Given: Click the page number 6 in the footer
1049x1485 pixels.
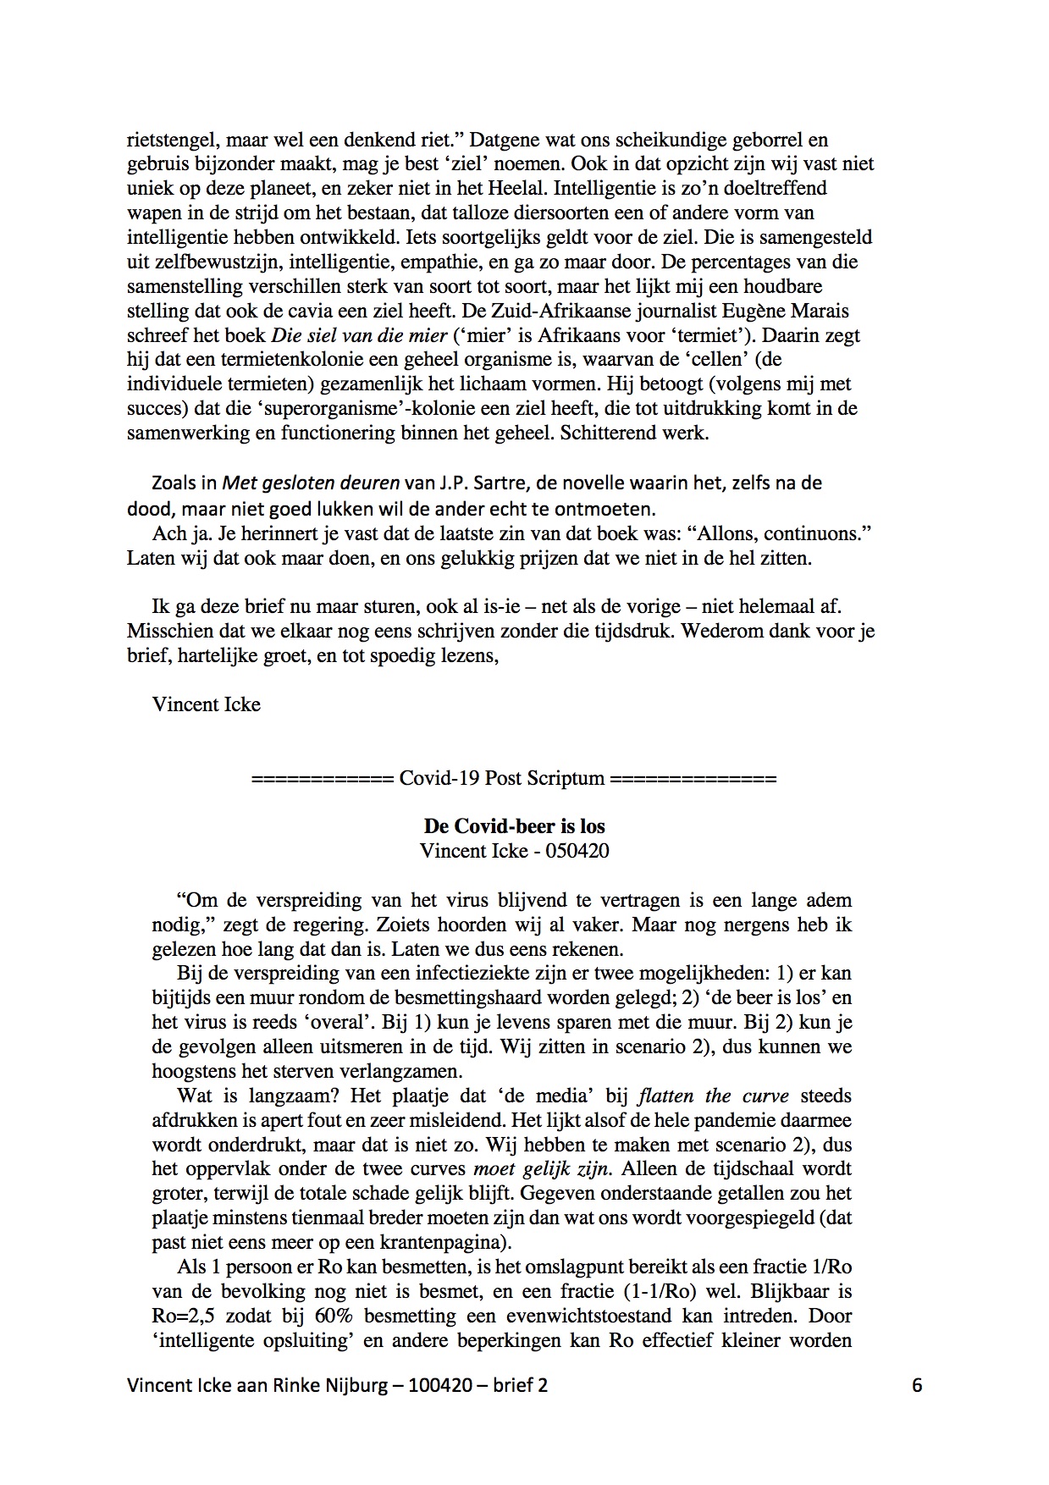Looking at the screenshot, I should pos(917,1386).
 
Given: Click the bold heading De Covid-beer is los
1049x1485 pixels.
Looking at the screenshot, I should pos(514,826).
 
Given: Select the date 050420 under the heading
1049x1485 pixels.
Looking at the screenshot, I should pos(577,851).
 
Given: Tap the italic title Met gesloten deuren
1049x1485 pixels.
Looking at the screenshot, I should pos(311,483).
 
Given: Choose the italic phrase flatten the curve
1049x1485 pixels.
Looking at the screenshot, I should pos(713,1096).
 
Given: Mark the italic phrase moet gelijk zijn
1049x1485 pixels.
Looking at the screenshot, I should pos(544,1169).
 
